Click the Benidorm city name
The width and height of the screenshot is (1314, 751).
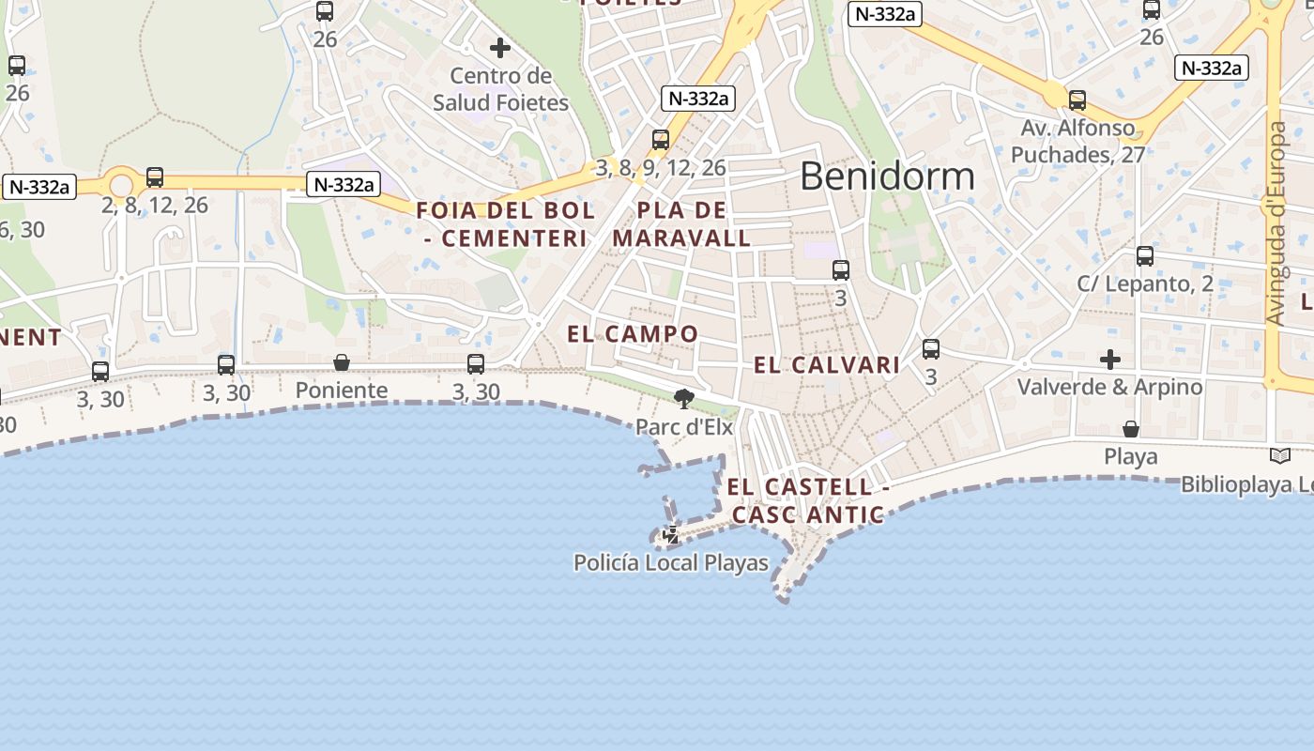pos(887,176)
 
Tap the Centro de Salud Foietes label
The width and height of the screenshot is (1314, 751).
pos(500,89)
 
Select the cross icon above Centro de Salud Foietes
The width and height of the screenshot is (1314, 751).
pos(500,47)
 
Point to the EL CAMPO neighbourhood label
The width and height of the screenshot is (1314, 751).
pos(633,334)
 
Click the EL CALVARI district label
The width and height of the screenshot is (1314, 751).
pos(827,365)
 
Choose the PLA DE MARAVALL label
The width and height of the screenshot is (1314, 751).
pos(681,223)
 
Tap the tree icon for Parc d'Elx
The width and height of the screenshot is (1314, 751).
pos(684,399)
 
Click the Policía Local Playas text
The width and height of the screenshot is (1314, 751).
pos(670,563)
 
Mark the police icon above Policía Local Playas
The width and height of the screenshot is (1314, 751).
pos(671,536)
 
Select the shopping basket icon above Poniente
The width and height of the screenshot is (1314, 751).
pos(342,362)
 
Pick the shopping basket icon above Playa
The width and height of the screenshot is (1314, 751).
pos(1131,429)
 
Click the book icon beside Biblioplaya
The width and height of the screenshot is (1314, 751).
pos(1279,456)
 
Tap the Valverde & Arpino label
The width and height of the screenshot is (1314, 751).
pos(1109,387)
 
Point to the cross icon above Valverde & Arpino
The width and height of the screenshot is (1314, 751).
pos(1110,360)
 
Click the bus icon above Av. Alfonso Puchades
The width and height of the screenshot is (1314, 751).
pos(1077,100)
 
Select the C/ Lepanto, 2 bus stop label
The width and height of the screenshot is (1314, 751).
pos(1144,284)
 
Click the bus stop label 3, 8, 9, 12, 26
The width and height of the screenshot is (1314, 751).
pos(661,168)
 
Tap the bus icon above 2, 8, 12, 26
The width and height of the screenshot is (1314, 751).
pos(155,176)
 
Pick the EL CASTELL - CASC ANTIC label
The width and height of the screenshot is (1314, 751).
pos(807,500)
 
